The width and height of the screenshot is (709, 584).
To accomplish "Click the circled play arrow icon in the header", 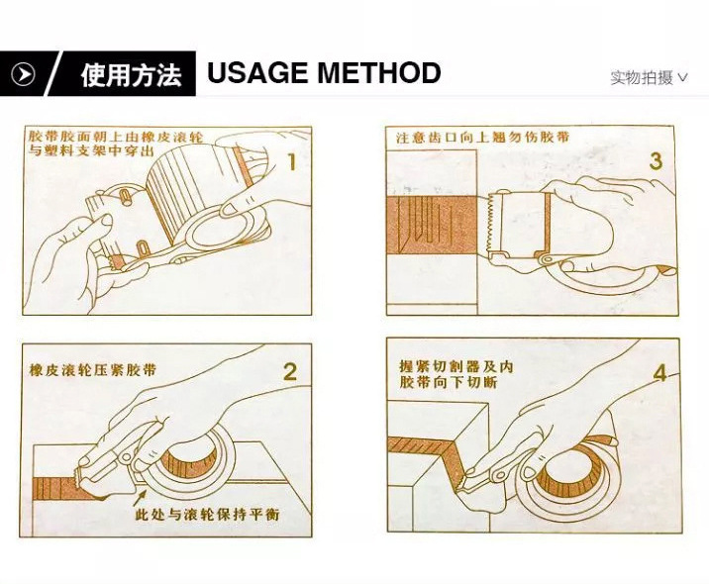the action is click(23, 74).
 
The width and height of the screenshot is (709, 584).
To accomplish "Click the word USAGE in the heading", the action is click(257, 73).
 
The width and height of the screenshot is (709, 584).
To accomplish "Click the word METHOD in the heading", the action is click(379, 73).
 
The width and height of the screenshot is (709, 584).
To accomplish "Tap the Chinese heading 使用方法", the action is click(131, 74).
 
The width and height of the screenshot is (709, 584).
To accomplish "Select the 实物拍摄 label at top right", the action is click(642, 78).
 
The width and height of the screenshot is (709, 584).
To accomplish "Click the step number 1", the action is click(292, 161).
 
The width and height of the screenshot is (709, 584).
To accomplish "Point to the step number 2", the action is click(290, 371).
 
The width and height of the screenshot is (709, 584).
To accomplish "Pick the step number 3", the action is click(656, 160).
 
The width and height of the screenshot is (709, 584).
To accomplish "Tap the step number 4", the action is click(659, 373).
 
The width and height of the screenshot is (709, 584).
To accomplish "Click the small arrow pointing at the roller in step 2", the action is click(140, 498).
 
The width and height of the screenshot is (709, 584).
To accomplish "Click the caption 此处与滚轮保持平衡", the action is click(208, 515).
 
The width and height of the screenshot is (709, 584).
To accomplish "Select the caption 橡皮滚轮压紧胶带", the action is click(93, 370).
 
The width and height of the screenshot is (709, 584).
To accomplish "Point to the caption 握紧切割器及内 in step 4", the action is click(456, 366).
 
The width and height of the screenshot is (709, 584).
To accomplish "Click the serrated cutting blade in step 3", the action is click(491, 224).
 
